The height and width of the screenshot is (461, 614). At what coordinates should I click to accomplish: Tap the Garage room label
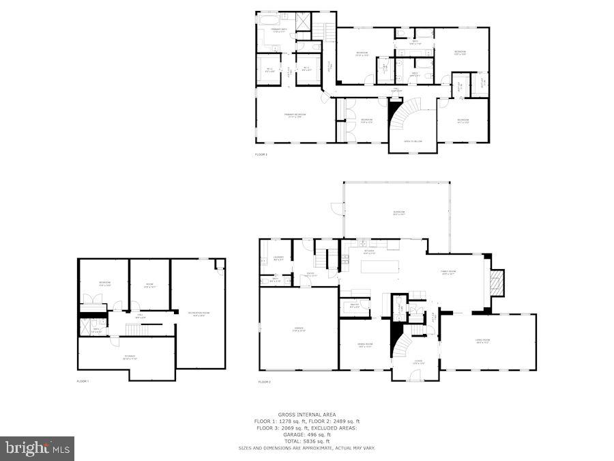(299, 330)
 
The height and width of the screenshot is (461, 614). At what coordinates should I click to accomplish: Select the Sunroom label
(398, 212)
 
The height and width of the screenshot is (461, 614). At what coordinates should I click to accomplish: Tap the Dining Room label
(365, 345)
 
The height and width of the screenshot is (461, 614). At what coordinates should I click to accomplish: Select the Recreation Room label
(199, 313)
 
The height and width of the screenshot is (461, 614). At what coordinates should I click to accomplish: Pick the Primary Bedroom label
(295, 115)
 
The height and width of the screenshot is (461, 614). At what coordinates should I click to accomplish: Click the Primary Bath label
(279, 31)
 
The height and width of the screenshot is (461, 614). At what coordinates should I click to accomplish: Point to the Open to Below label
(413, 141)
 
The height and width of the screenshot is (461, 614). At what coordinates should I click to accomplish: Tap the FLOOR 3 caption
(261, 155)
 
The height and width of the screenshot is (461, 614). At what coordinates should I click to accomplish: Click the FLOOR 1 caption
(83, 380)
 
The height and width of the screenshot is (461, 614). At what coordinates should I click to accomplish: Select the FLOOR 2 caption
(264, 382)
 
